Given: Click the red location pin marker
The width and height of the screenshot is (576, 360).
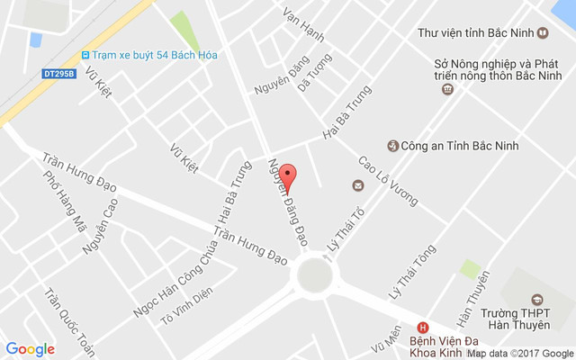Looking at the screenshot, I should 287,175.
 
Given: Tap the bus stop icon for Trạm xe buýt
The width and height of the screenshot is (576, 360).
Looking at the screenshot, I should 85,55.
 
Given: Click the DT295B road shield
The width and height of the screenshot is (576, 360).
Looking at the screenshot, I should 58,75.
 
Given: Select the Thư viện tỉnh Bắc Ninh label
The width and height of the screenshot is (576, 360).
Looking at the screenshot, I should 476,33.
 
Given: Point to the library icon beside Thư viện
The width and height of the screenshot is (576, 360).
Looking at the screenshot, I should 543,33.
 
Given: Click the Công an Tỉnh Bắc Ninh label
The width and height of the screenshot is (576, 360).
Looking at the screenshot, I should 459,146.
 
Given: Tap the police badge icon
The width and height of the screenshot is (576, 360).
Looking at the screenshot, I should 392,146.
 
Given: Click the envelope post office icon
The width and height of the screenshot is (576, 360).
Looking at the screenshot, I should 358,186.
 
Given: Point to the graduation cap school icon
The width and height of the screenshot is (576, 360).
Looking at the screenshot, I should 537,300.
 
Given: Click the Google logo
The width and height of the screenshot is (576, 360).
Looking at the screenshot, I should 31,349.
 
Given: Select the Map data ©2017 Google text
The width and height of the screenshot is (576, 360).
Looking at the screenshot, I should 519,354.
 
